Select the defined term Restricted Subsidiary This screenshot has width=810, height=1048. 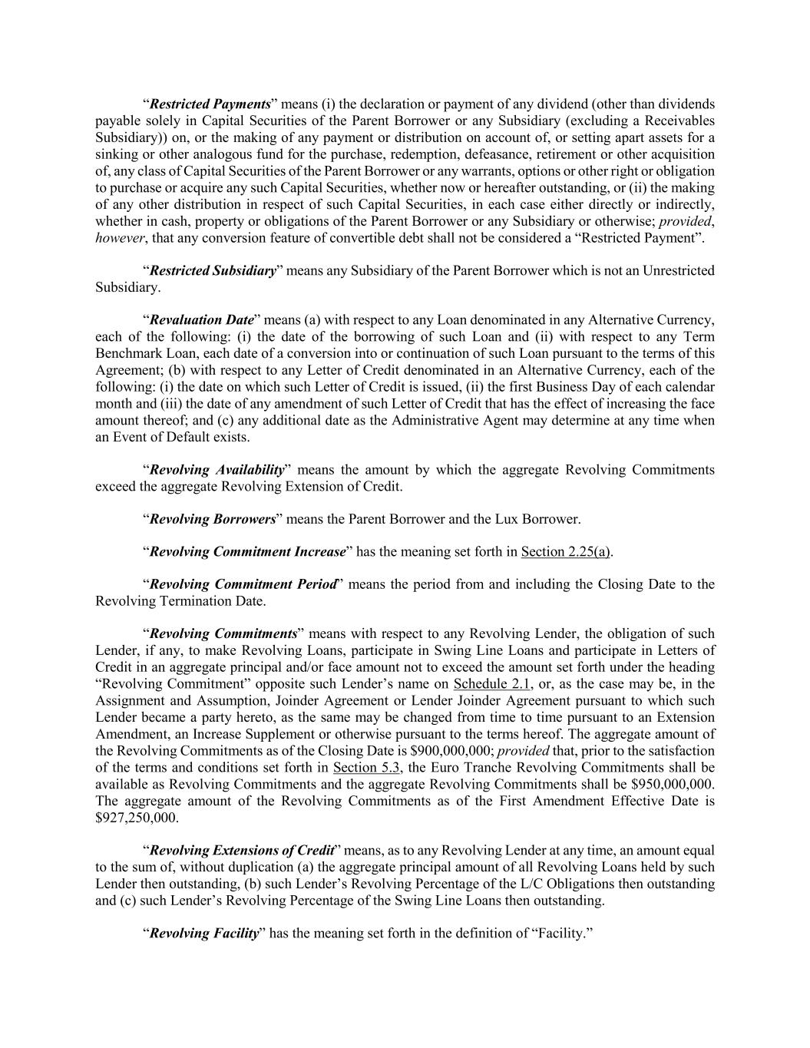click(x=213, y=270)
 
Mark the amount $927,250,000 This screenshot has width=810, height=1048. click(x=136, y=818)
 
